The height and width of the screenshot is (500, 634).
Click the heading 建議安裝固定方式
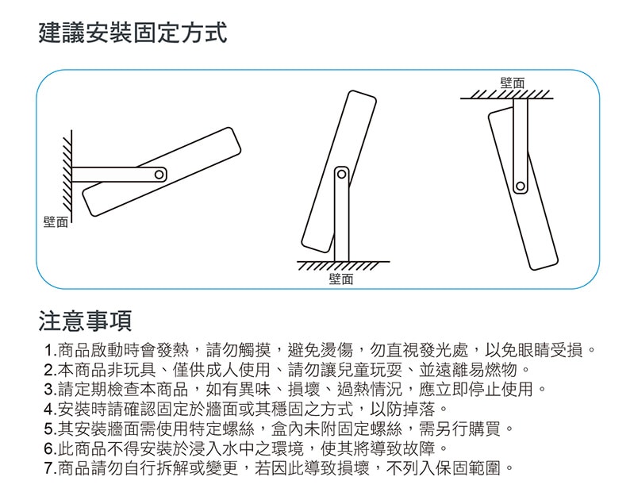pos(133,34)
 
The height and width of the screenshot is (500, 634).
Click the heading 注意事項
pos(85,321)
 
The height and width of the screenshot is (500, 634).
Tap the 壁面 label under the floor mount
pos(340,279)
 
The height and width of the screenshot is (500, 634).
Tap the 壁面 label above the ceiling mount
pos(512,83)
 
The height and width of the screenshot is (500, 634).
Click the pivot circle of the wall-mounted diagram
pos(159,174)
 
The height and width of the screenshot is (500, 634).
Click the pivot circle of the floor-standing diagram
pos(342,174)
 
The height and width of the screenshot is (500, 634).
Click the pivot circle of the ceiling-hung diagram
pos(521,187)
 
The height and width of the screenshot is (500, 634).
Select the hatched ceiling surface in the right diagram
pos(508,95)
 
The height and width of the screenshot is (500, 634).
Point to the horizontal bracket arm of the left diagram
pos(111,175)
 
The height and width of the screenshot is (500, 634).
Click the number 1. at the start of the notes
pos(52,350)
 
